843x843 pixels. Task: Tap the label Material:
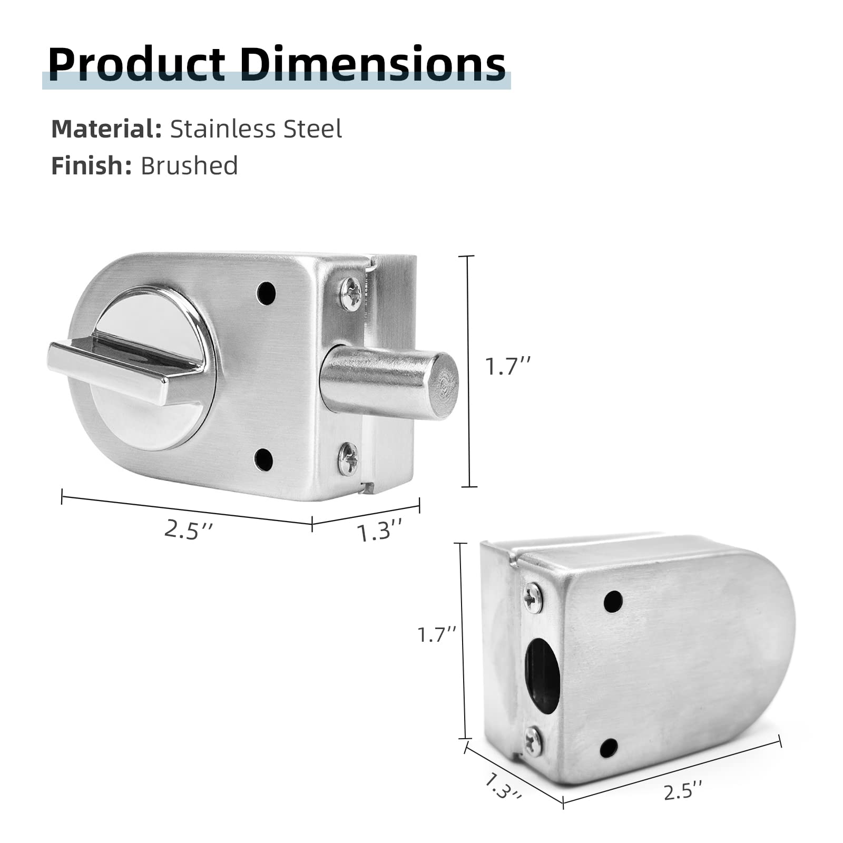(x=106, y=129)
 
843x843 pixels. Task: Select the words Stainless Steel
(x=256, y=129)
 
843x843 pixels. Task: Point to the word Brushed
(x=189, y=165)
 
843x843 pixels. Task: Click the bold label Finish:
(x=91, y=165)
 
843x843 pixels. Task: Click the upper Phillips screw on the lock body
(x=350, y=293)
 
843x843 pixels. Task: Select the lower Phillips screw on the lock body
(x=348, y=458)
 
